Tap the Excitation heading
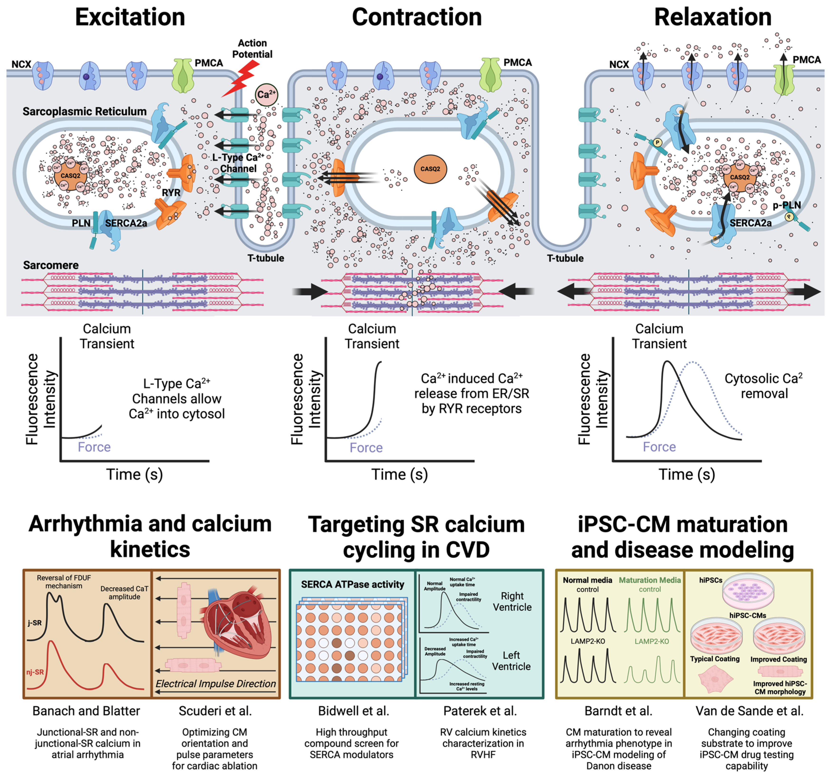click(x=130, y=18)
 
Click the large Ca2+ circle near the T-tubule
click(x=266, y=94)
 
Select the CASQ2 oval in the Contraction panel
click(x=430, y=169)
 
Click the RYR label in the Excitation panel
click(x=171, y=193)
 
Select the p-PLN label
click(x=787, y=205)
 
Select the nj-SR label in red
click(x=35, y=672)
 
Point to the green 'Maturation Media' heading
click(x=649, y=580)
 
